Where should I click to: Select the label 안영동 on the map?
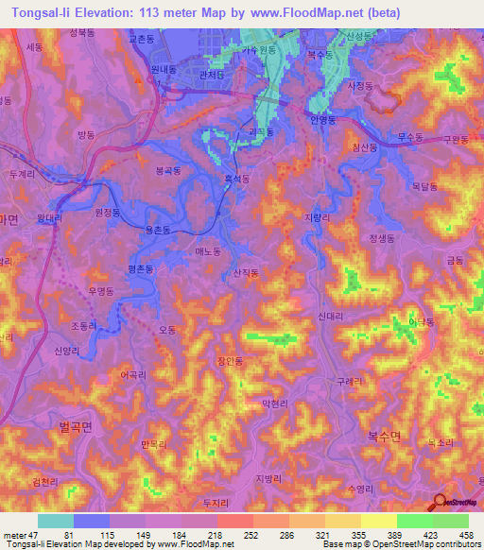(x=323, y=120)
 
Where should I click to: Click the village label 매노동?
(x=207, y=251)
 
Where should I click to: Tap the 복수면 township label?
(x=384, y=437)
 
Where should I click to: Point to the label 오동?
(x=168, y=330)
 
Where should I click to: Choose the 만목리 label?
(x=152, y=442)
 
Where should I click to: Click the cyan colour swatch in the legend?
(x=55, y=520)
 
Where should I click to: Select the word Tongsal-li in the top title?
(x=38, y=13)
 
